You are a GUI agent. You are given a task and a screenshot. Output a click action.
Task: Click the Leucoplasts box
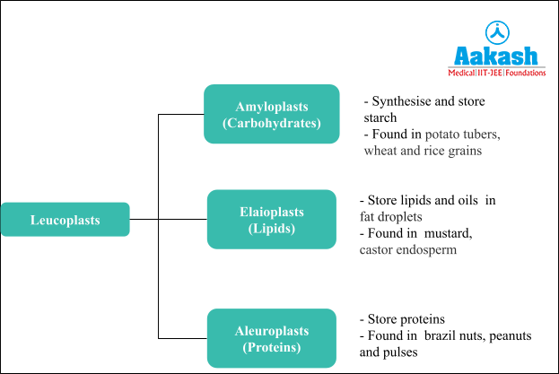(x=65, y=220)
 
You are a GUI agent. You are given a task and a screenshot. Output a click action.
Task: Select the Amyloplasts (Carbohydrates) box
(x=271, y=114)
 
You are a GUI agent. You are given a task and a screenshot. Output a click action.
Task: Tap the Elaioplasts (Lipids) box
(x=271, y=220)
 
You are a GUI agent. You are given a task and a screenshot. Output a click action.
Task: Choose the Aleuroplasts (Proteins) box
(x=271, y=338)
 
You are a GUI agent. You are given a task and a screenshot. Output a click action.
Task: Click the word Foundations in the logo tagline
(x=526, y=73)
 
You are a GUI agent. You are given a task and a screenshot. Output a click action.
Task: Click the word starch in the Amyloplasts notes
(x=380, y=117)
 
